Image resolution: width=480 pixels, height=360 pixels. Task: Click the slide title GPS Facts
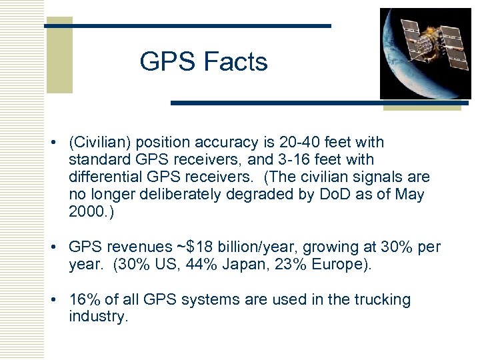[x=203, y=62]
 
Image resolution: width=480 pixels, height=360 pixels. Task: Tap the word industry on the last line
[x=97, y=317]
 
